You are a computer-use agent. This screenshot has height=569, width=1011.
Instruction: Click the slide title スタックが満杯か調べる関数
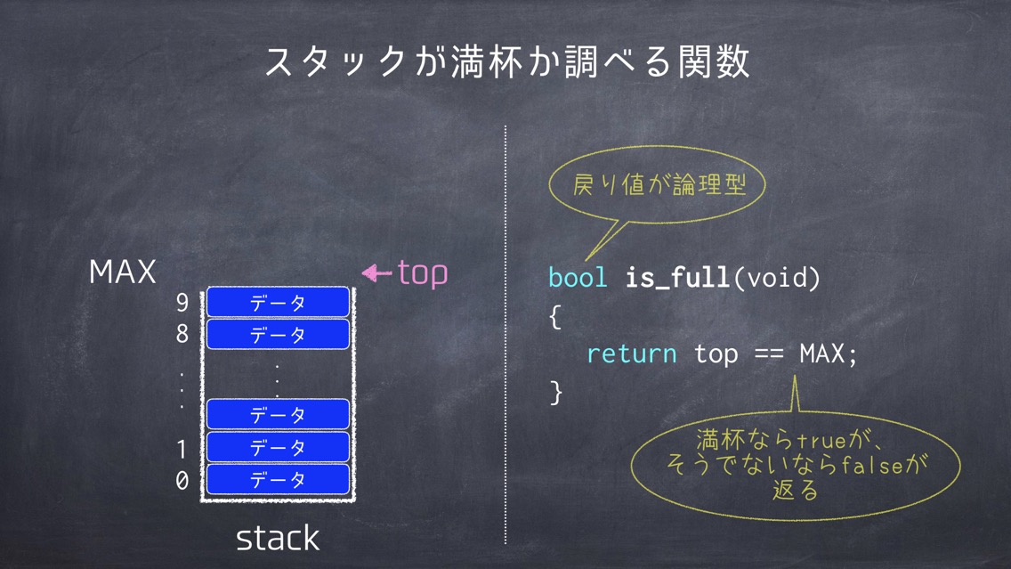[506, 62]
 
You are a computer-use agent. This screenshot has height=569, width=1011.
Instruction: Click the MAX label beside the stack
[123, 272]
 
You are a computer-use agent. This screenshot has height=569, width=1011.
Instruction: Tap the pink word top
[423, 273]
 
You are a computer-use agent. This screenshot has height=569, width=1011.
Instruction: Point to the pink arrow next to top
[377, 273]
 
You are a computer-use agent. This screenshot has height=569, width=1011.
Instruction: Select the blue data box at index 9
[278, 302]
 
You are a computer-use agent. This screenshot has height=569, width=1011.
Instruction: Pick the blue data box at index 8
[278, 334]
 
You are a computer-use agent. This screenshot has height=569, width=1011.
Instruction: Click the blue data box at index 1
[278, 446]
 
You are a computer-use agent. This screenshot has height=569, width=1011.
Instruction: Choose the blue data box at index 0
[278, 479]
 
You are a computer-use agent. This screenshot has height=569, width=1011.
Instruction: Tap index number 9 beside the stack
[182, 302]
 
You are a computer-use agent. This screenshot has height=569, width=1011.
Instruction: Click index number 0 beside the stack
[182, 480]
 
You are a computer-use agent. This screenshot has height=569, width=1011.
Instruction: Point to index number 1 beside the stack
[182, 449]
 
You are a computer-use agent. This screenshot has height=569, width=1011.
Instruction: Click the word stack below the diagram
[278, 539]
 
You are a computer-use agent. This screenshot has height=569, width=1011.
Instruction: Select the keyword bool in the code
[578, 278]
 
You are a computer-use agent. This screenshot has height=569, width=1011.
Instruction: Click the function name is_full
[677, 278]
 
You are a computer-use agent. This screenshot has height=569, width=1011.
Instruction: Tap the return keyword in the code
[631, 354]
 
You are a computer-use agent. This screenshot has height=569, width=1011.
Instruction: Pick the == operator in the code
[769, 354]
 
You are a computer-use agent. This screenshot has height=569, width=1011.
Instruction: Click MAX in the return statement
[822, 354]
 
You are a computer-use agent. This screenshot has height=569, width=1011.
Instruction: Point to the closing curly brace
[556, 392]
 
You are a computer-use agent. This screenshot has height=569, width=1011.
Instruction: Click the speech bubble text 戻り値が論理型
[659, 185]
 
